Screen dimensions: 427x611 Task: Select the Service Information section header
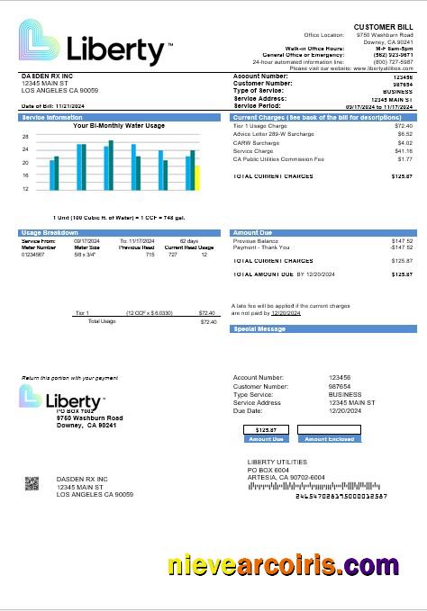52,118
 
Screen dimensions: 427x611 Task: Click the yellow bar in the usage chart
197,178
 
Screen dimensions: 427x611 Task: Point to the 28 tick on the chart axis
25,137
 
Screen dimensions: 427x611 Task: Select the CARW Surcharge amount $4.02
404,143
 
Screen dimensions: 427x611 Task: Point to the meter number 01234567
33,255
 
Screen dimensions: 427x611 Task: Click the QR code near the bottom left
32,484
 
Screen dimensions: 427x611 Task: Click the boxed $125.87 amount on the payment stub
266,430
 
